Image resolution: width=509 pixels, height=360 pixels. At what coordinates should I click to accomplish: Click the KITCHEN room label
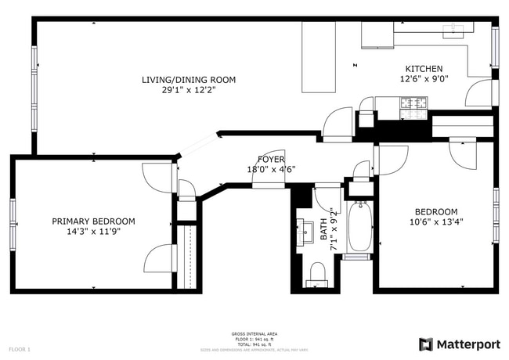pyautogui.click(x=424, y=69)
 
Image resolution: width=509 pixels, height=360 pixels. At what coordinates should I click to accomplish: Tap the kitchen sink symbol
pyautogui.click(x=455, y=31)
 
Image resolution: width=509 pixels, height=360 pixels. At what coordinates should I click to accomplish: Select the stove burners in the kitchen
pyautogui.click(x=414, y=103)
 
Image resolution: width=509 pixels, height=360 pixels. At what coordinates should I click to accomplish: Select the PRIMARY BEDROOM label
pyautogui.click(x=94, y=221)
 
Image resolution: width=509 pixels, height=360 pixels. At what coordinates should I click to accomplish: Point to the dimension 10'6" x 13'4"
pyautogui.click(x=436, y=222)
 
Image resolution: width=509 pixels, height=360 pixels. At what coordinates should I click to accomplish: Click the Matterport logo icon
pyautogui.click(x=426, y=344)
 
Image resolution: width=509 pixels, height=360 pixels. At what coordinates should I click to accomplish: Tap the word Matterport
pyautogui.click(x=467, y=344)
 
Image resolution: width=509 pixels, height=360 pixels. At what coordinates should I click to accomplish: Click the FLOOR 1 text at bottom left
pyautogui.click(x=20, y=348)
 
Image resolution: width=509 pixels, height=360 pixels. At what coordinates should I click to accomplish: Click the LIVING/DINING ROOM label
pyautogui.click(x=188, y=80)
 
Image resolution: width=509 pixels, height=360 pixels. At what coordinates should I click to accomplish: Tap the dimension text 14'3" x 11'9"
pyautogui.click(x=94, y=232)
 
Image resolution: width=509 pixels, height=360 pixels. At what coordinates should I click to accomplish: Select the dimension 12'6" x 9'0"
pyautogui.click(x=424, y=79)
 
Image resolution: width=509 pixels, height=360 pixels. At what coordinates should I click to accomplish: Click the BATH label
pyautogui.click(x=323, y=230)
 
